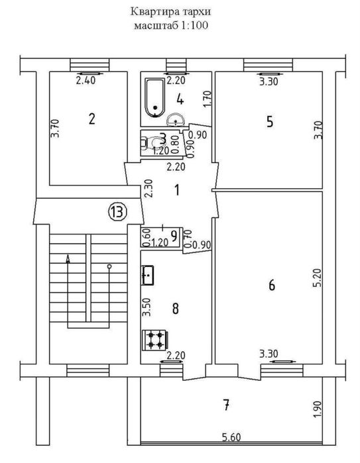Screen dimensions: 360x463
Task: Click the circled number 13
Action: [x=117, y=211]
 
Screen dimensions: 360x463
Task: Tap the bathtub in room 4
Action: [x=154, y=98]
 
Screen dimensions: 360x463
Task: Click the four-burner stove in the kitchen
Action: [x=155, y=340]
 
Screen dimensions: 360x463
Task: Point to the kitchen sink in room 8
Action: [x=148, y=275]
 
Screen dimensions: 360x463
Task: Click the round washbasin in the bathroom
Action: [x=176, y=119]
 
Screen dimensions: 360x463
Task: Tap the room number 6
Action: [x=272, y=285]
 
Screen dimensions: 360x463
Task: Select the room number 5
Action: [x=270, y=121]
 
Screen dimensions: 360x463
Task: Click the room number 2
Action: [x=92, y=119]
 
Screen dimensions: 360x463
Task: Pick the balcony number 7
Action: [x=226, y=404]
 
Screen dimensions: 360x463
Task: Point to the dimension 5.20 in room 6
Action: [x=318, y=278]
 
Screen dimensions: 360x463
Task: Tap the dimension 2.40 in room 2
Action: [x=86, y=80]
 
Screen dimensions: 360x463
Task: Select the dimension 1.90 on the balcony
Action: [x=318, y=409]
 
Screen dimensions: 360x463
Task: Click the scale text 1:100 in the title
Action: [x=194, y=25]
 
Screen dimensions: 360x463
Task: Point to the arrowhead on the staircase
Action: [x=68, y=259]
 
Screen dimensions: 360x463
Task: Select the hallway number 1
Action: [x=177, y=190]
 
